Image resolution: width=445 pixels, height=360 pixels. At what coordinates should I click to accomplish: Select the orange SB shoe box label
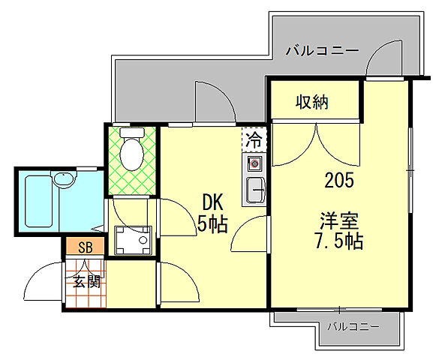tap(85, 247)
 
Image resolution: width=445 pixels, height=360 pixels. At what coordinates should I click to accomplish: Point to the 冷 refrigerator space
tap(254, 139)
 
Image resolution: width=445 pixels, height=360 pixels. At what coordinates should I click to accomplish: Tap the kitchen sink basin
tap(255, 190)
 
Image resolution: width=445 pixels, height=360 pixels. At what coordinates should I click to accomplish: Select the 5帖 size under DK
tap(212, 223)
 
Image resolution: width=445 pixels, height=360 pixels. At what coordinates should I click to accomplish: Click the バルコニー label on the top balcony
tap(323, 51)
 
